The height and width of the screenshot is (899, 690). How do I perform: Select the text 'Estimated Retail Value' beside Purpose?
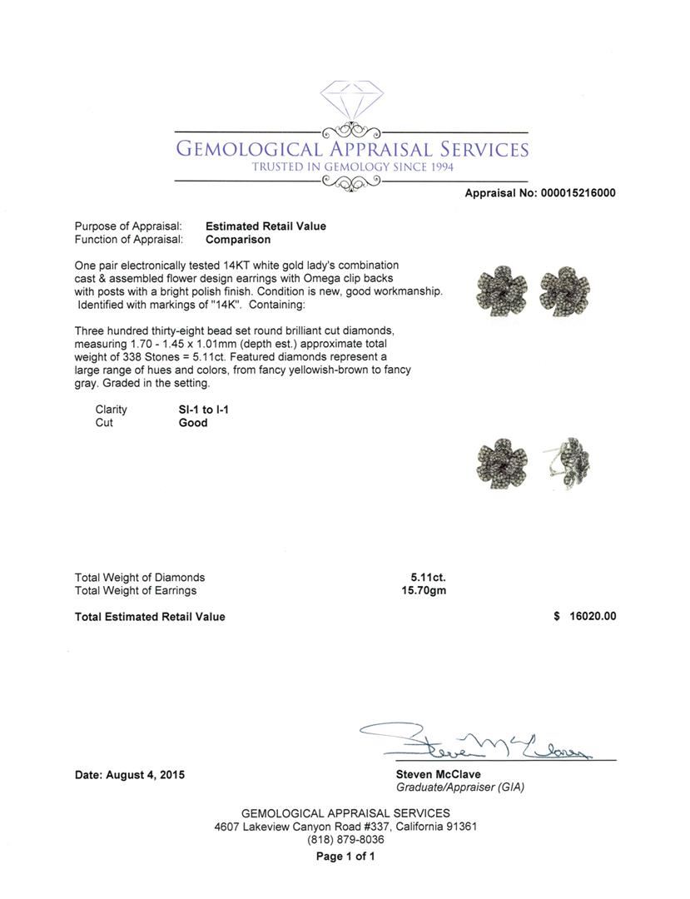(266, 226)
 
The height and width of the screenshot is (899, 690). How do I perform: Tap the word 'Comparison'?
(238, 240)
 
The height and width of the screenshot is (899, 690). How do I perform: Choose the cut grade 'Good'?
(193, 423)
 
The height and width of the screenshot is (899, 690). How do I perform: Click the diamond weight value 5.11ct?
(428, 578)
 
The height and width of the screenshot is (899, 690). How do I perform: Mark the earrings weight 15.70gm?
(424, 591)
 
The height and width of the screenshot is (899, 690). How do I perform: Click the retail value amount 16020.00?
(593, 617)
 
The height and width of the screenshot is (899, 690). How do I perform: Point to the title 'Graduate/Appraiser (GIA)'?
(459, 787)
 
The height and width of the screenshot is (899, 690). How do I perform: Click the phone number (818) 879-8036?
(345, 840)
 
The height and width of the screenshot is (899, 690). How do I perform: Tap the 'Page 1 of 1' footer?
(345, 857)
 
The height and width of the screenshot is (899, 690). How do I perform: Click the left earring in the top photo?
(499, 291)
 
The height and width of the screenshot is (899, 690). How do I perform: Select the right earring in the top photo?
(565, 291)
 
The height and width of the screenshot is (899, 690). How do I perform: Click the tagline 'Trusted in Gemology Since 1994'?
(352, 167)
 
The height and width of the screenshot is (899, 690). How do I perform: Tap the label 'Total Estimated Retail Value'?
(150, 617)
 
